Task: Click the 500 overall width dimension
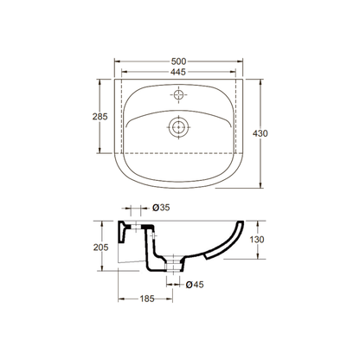[179, 62]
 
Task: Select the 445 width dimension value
[179, 74]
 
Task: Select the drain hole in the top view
[179, 127]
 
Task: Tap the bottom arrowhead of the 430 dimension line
[262, 184]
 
